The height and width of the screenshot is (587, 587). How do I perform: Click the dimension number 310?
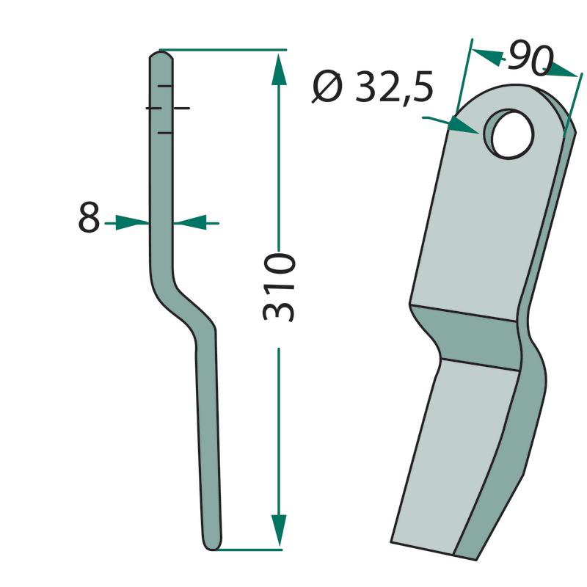point(280,287)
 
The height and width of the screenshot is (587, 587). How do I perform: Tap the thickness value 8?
point(89,216)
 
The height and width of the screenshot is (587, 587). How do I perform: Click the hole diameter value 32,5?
point(394,87)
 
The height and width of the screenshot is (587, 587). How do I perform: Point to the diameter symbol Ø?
point(327,87)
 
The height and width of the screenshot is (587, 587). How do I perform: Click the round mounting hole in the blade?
point(509,134)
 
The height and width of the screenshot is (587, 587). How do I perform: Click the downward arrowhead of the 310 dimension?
point(279,530)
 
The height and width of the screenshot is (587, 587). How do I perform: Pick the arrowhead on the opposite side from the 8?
point(190,223)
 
